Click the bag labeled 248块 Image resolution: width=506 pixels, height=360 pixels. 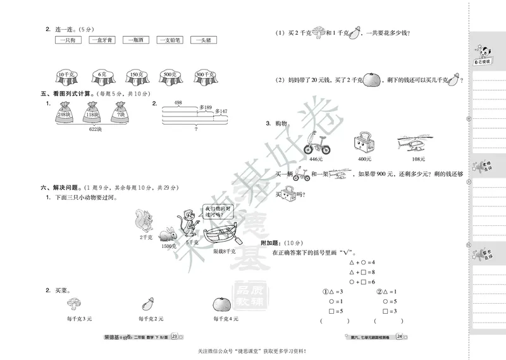pyautogui.click(x=63, y=114)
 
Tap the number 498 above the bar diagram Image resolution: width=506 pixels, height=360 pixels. pyautogui.click(x=178, y=102)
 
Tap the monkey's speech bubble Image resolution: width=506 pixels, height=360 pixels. pyautogui.click(x=214, y=211)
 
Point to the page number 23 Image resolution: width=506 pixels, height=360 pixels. pyautogui.click(x=175, y=337)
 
